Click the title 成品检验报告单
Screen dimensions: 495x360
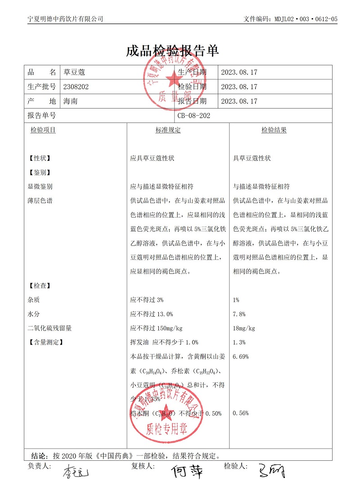pos(172,50)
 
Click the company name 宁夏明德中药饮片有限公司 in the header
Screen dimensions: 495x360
pos(65,19)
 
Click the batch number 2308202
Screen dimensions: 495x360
pos(76,87)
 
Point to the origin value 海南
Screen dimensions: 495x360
pos(71,101)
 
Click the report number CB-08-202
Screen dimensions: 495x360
pos(194,116)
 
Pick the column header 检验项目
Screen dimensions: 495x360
pos(43,130)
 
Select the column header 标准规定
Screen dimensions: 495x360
pos(168,130)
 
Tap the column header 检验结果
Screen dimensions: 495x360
pos(274,130)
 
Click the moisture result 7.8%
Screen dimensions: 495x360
pos(239,314)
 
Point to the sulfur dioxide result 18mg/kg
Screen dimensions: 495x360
pos(244,328)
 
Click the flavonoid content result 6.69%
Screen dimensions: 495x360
pos(240,357)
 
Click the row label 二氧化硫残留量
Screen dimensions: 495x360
pos(49,328)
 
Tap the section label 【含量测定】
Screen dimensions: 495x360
pos(45,342)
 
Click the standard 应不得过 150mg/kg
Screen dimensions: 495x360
pos(156,328)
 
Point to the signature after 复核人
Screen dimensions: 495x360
pos(186,471)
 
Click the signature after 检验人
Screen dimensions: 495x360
pos(272,471)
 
